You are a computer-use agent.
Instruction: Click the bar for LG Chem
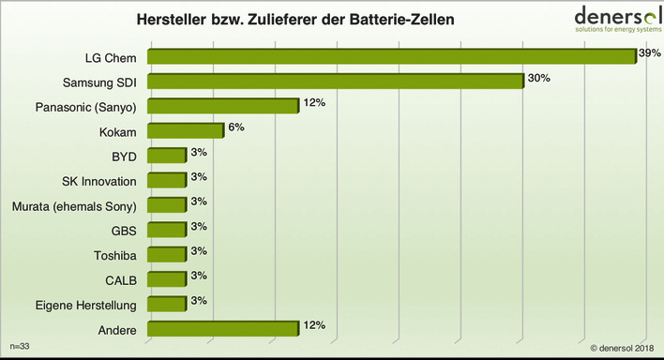(392, 57)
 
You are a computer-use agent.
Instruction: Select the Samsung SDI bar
(336, 82)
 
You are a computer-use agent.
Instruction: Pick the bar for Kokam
(186, 131)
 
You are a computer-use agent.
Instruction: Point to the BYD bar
(167, 156)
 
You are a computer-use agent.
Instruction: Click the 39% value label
(649, 53)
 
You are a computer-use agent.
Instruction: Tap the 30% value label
(537, 78)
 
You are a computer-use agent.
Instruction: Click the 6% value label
(234, 127)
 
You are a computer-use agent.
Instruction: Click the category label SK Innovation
(97, 180)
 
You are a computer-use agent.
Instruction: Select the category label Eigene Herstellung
(91, 304)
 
